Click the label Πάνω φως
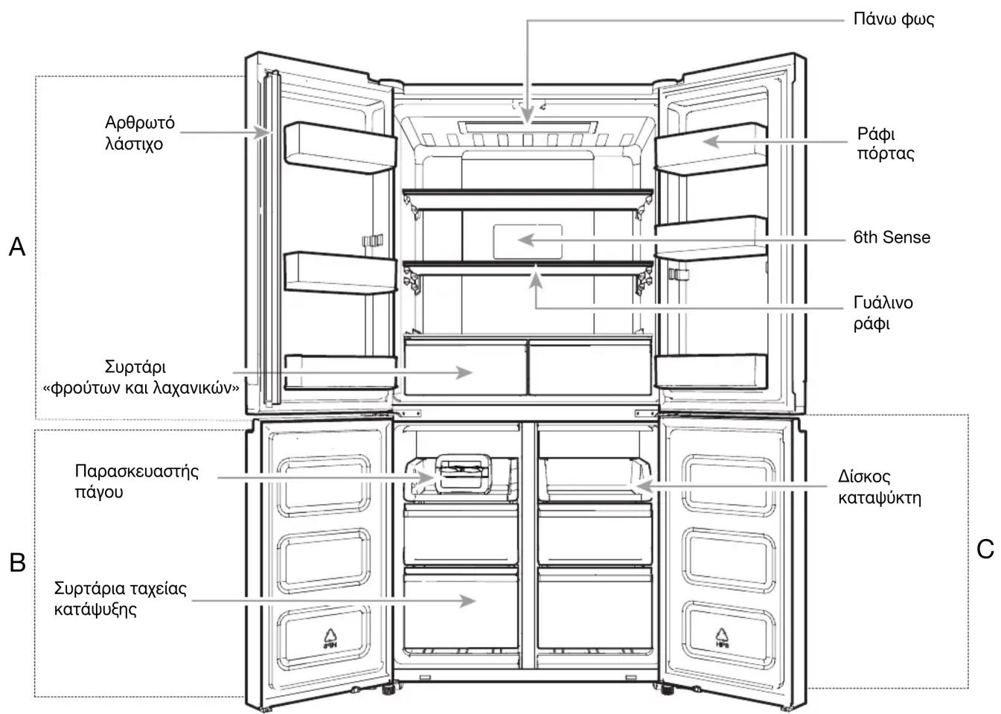point(893,19)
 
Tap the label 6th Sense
point(892,237)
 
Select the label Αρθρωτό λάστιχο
point(139,133)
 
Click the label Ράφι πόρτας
point(885,144)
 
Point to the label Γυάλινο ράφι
point(883,313)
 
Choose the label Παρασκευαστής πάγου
point(136,481)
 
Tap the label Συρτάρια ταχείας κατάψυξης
point(121,599)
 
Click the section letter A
point(17,246)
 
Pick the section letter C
point(985,549)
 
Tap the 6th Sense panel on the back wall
point(528,241)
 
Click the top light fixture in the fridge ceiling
point(528,127)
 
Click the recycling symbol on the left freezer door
point(330,639)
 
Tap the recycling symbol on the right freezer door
point(721,638)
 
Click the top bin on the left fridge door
point(340,148)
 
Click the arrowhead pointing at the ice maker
point(426,477)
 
